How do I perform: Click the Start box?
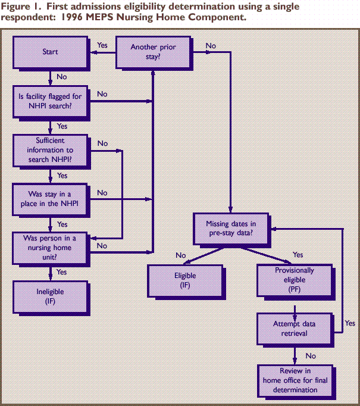point(51,52)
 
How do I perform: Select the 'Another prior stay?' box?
point(154,52)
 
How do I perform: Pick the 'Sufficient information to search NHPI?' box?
point(51,151)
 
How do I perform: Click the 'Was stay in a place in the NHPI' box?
point(51,199)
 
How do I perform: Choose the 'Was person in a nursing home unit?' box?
point(51,248)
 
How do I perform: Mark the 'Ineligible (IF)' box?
point(51,297)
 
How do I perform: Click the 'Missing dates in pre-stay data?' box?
point(231,229)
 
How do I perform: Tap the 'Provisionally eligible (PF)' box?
point(294,280)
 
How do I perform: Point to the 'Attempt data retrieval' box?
point(294,329)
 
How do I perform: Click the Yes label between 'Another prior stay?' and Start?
point(102,45)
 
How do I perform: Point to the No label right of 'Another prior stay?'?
point(211,45)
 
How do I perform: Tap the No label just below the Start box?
point(61,76)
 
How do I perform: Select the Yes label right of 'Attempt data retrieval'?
point(350,323)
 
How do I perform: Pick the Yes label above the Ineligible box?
point(61,272)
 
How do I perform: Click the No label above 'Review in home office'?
point(310,355)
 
